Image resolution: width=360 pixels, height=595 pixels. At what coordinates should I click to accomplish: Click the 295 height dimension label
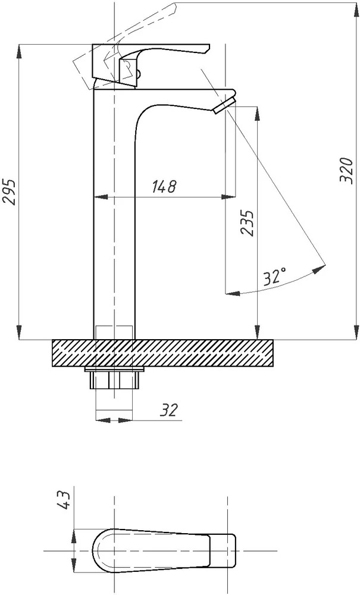point(10,191)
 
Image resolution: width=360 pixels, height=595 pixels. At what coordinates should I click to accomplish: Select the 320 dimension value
point(346,170)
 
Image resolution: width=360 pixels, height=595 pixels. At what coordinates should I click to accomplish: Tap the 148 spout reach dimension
point(164,186)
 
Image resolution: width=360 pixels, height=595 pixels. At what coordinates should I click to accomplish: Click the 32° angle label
point(275,277)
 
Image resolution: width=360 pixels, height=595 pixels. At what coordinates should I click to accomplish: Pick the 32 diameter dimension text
point(168,410)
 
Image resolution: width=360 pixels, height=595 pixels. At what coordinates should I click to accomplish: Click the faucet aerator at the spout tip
point(224,105)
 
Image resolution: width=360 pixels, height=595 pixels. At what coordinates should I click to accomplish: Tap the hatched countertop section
point(162,353)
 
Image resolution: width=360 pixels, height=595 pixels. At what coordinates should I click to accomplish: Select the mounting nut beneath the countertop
point(114,380)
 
